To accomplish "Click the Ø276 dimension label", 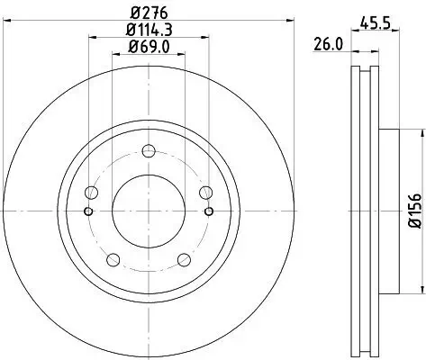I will pyautogui.click(x=148, y=13).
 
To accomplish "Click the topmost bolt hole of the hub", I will pyautogui.click(x=148, y=151).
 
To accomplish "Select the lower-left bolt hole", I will pyautogui.click(x=112, y=261).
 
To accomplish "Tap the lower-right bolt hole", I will pyautogui.click(x=184, y=261).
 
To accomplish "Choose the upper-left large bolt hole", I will pyautogui.click(x=90, y=193).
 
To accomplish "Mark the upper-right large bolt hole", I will pyautogui.click(x=205, y=193).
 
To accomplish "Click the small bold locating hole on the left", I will pyautogui.click(x=87, y=211).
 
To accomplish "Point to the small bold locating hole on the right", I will pyautogui.click(x=208, y=211).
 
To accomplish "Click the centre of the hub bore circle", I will pyautogui.click(x=148, y=211).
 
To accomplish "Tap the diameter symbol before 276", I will pyautogui.click(x=133, y=13).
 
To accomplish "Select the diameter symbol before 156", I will pyautogui.click(x=415, y=226).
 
